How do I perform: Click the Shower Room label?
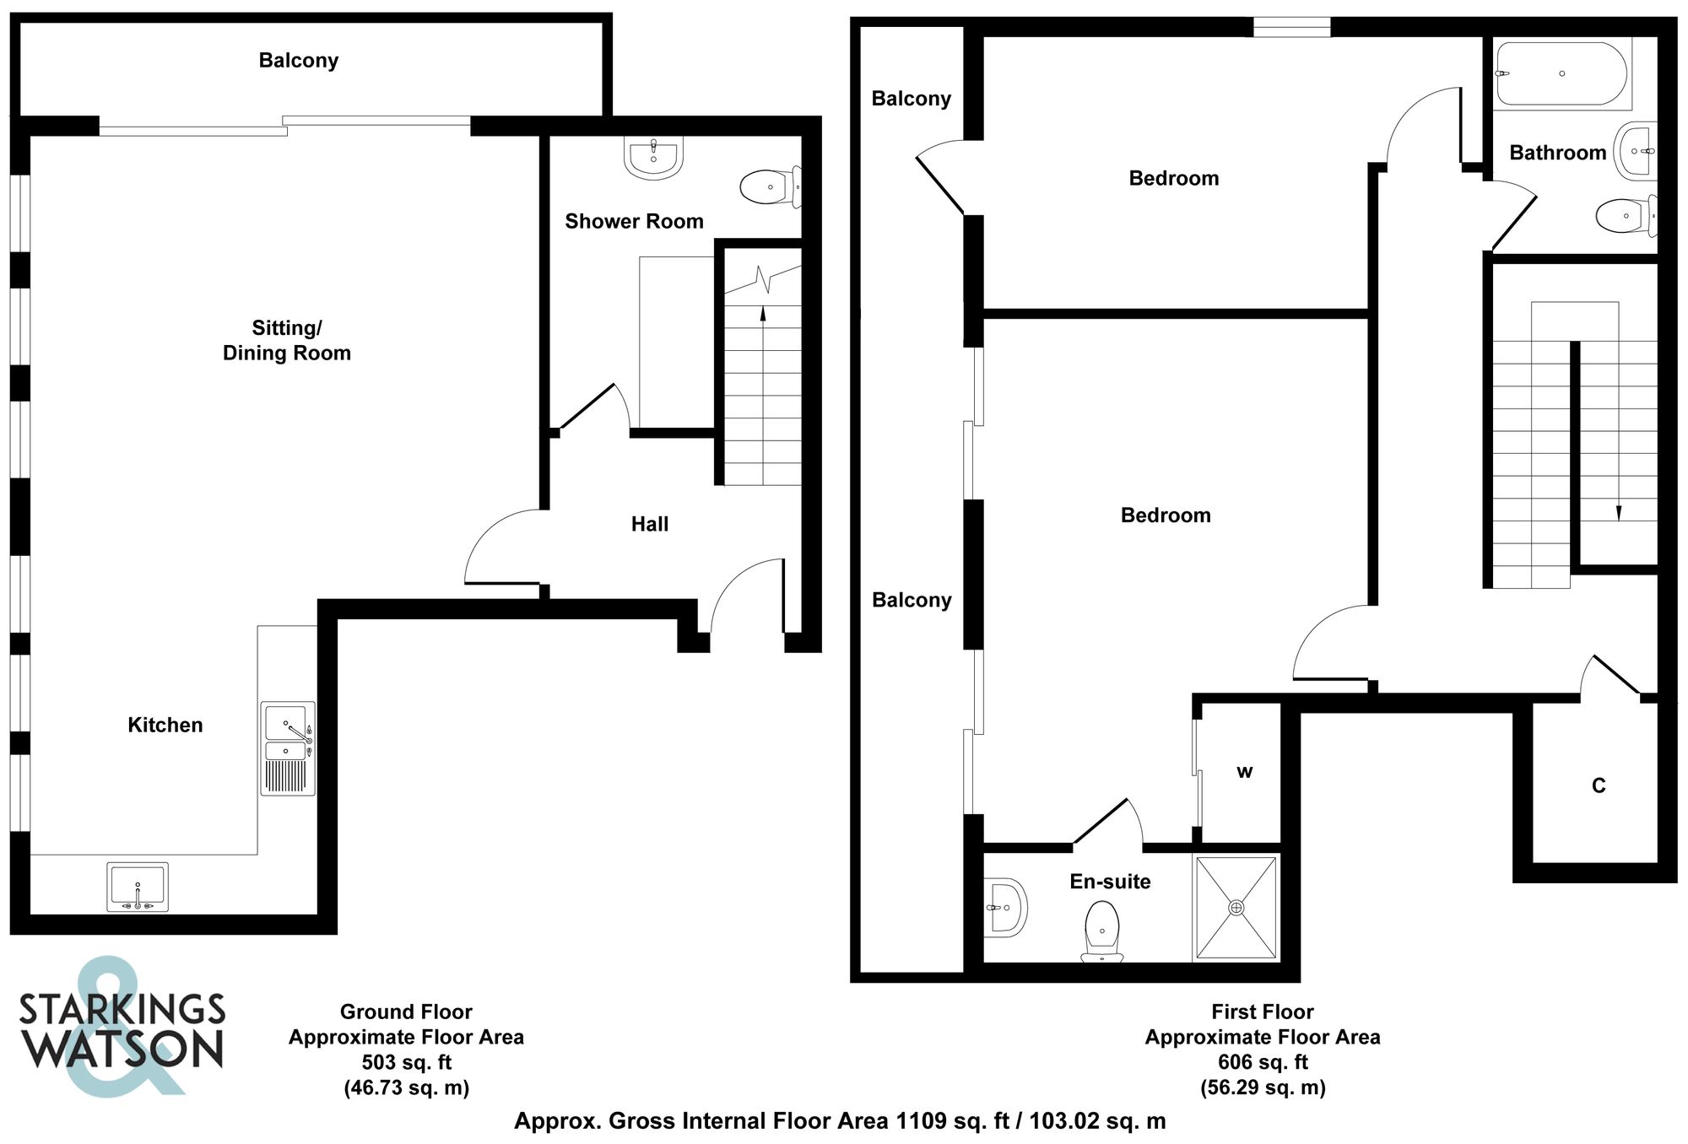click(634, 221)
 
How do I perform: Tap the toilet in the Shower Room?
click(769, 186)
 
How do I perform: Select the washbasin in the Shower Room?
click(653, 158)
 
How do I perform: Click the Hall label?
click(650, 524)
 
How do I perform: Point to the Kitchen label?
click(165, 725)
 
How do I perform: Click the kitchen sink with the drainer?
click(288, 748)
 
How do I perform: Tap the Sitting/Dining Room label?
click(287, 340)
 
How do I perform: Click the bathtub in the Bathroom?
click(1561, 74)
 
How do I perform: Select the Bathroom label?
click(1557, 153)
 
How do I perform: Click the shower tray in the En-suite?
click(1236, 908)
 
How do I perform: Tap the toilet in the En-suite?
click(1101, 931)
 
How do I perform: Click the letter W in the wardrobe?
click(1244, 771)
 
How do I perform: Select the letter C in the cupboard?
click(1598, 785)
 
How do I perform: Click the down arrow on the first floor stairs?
click(1618, 511)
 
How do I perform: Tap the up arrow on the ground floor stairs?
click(763, 314)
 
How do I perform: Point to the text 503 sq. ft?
click(407, 1062)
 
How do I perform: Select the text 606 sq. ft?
click(1263, 1062)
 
